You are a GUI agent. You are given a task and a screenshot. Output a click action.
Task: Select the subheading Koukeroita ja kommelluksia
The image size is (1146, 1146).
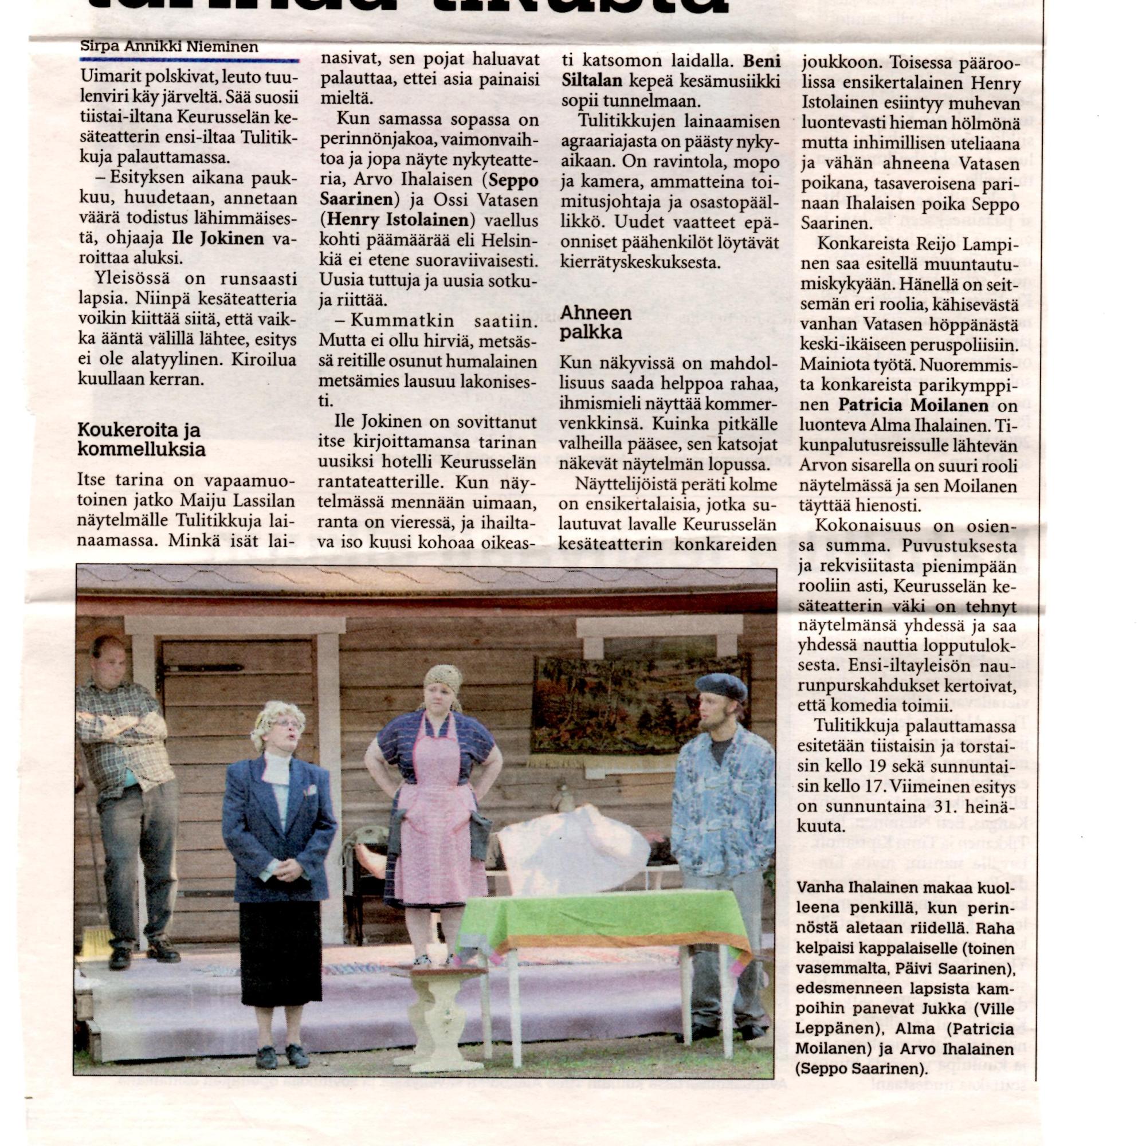(142, 439)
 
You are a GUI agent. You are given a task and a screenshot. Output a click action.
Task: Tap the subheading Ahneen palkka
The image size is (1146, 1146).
(588, 323)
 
